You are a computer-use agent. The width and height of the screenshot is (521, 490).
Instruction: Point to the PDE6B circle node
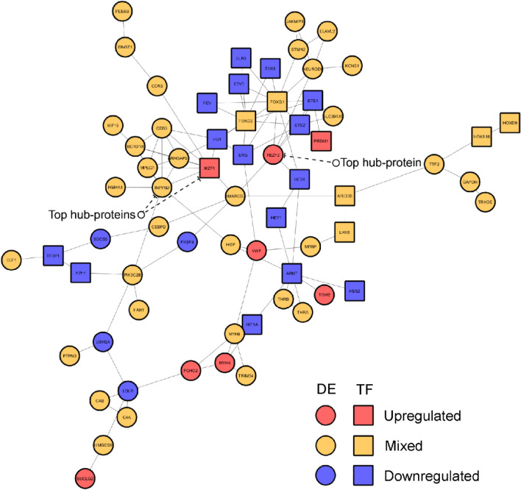coord(123,13)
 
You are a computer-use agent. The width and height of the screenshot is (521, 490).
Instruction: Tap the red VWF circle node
coord(256,250)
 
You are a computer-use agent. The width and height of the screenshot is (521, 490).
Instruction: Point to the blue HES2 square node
coord(354,291)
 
